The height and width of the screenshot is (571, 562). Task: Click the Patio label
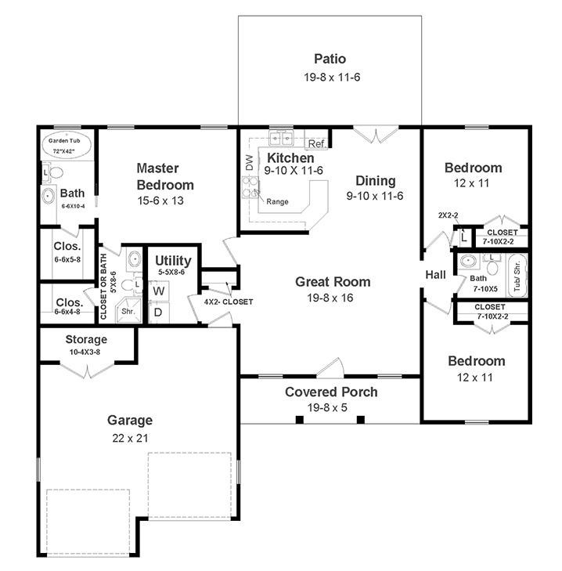point(330,59)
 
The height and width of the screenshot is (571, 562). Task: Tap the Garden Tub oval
point(64,146)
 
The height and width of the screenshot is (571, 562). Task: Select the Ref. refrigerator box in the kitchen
point(316,143)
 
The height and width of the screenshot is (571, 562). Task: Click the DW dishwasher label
point(250,162)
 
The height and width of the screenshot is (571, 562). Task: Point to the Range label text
point(277,202)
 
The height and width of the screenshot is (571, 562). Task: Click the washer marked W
point(159,291)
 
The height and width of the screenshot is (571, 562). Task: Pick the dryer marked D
point(159,312)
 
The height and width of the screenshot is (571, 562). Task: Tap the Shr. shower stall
point(128,311)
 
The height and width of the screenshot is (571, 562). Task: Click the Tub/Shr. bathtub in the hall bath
point(517,276)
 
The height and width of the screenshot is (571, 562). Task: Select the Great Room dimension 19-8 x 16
point(330,298)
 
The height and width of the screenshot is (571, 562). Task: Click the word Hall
point(436,275)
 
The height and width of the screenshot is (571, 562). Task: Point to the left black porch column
point(299,420)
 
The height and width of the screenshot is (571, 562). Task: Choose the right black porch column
point(361,420)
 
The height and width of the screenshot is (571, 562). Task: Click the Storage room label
point(86,339)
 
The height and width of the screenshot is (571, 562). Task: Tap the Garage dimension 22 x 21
point(130,438)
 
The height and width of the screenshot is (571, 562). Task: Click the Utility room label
point(173,261)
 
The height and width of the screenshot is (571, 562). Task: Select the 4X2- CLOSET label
point(229,302)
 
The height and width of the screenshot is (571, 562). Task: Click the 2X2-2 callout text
point(448,215)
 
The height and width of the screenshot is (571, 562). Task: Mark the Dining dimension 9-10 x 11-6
point(375,196)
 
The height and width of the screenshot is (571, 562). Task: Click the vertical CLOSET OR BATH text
point(103,287)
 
